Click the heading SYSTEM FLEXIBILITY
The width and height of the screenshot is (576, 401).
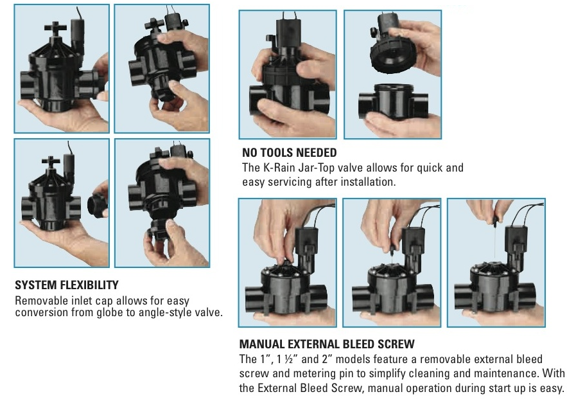pos(67,285)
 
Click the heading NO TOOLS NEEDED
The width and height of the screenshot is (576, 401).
pos(289,152)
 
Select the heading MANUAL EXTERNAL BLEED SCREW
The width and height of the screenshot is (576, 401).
pos(327,344)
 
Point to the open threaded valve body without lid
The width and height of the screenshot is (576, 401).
pos(393,102)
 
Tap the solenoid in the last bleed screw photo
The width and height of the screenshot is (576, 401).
pos(516,246)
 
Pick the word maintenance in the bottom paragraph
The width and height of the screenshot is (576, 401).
pos(505,373)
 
